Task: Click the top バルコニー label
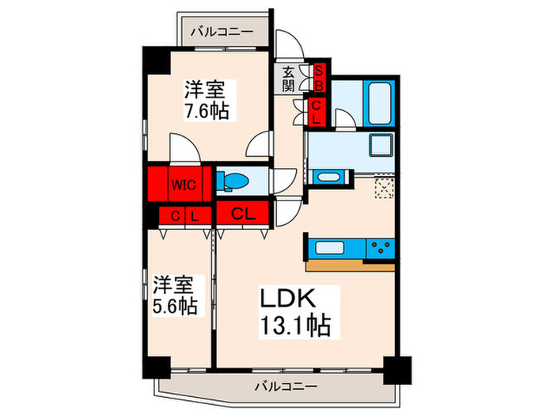tap(222, 32)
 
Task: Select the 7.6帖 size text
tap(207, 112)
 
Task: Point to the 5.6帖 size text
tap(175, 304)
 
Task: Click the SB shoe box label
tap(318, 78)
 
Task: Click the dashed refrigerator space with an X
tap(385, 187)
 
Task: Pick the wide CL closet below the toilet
tap(243, 212)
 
